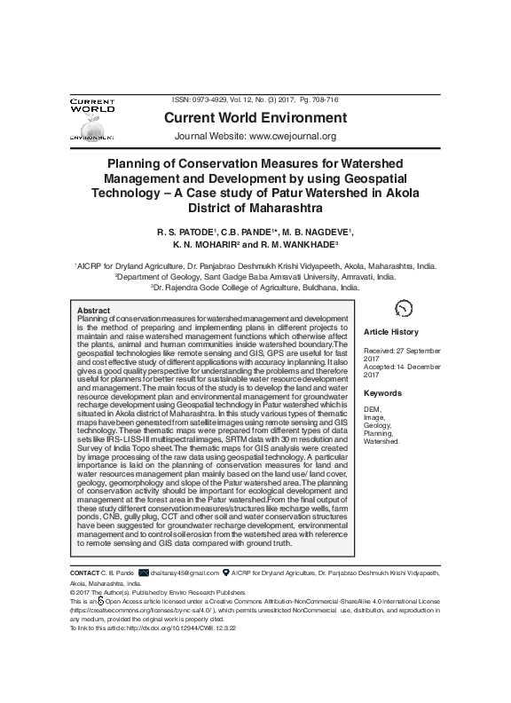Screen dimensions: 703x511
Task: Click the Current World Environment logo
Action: [x=93, y=119]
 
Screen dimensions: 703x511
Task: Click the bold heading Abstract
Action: [x=94, y=310]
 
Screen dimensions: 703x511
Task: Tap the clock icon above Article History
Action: [x=403, y=307]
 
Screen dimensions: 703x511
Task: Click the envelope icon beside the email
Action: [x=144, y=574]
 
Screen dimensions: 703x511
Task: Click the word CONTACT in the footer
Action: [x=84, y=574]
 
